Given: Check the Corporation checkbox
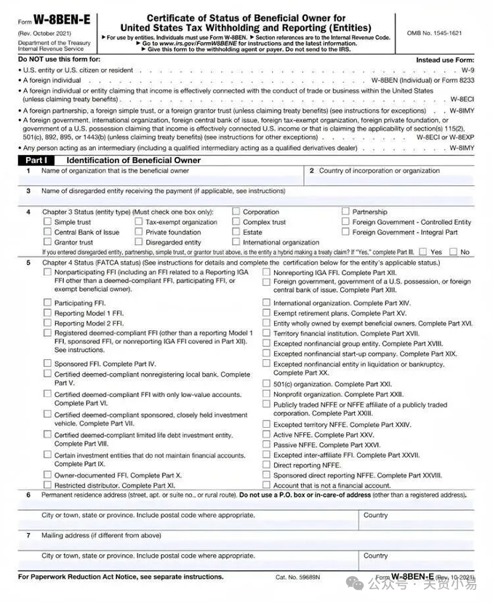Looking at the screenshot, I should coord(236,212).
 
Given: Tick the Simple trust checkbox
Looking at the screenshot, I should coord(47,222).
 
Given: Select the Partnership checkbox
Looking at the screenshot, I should coord(346,212).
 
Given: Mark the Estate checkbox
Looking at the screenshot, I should coord(236,232).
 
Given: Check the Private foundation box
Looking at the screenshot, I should coord(139,232).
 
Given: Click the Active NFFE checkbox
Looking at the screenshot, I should coord(266,435).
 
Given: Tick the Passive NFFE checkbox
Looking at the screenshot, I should coord(266,444).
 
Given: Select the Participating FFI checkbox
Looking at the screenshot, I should coord(47,303).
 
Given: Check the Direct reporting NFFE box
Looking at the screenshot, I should coord(266,465).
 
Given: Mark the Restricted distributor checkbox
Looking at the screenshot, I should coord(47,484).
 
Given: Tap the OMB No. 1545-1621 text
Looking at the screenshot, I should coord(434,33).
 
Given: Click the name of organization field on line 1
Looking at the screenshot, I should coord(160,179).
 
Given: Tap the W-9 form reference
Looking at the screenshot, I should coord(468,70).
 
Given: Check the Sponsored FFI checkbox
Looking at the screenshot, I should coord(47,363).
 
